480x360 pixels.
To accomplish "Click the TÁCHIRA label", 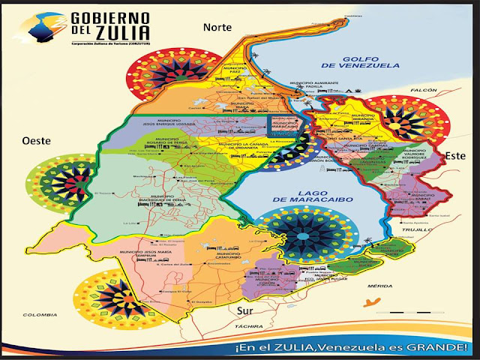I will (x=253, y=327).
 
